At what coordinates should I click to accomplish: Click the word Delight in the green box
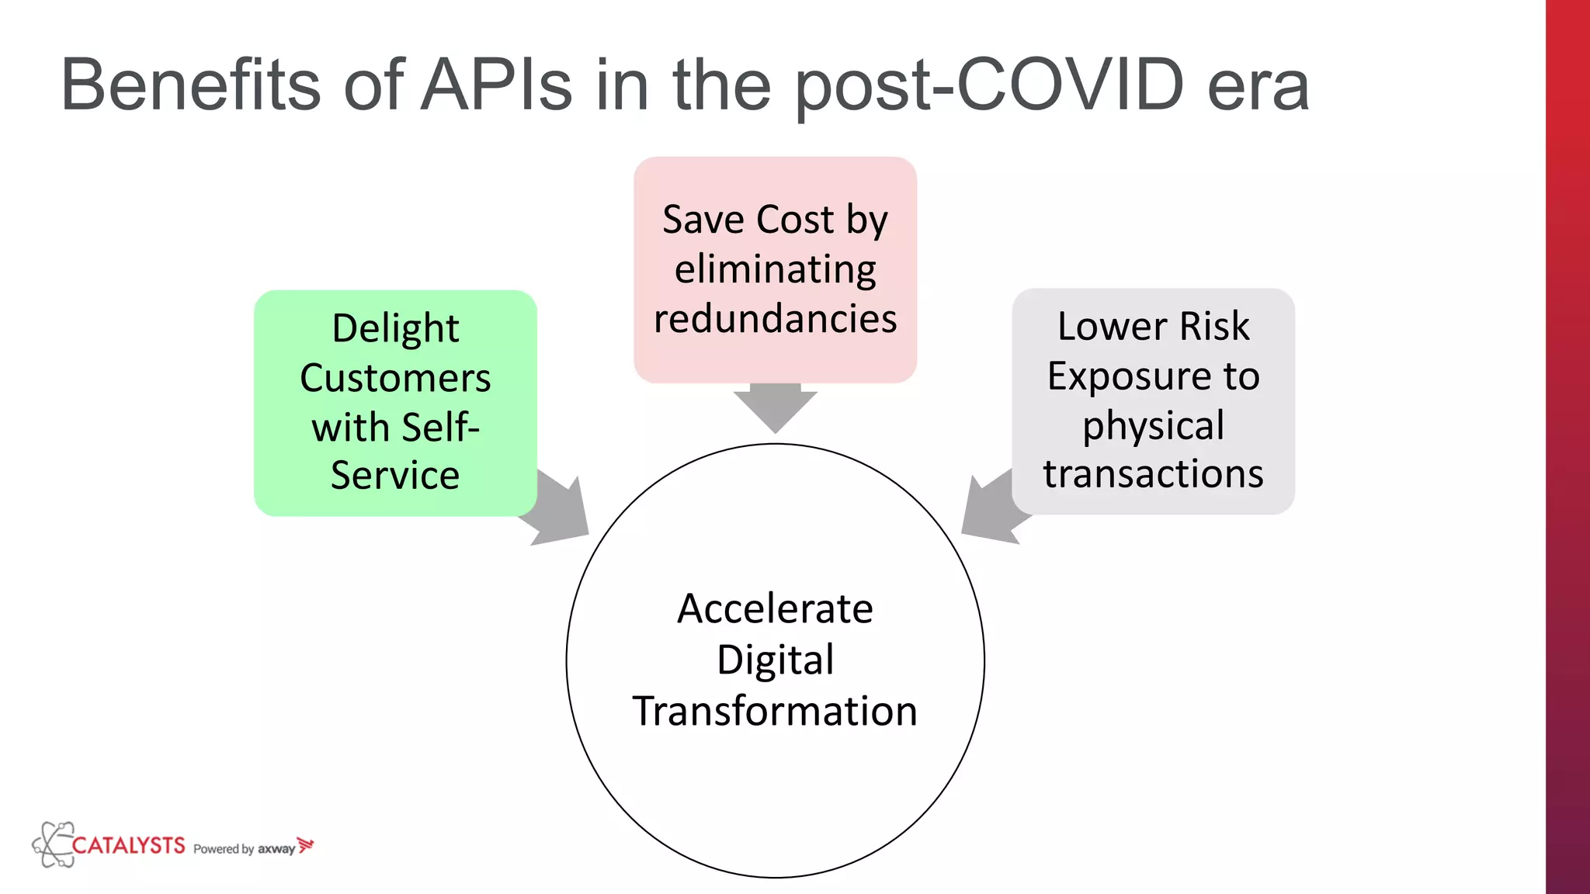395,329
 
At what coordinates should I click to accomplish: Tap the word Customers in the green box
395,379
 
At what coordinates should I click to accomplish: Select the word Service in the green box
395,475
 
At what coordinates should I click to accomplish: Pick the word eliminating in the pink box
775,270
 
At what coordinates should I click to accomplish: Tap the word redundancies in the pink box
775,319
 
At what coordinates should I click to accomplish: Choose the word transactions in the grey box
1153,474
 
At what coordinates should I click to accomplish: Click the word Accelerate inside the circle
775,608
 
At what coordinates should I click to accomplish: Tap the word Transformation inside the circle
775,711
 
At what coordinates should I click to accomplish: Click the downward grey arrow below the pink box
775,407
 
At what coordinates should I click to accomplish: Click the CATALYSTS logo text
128,845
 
